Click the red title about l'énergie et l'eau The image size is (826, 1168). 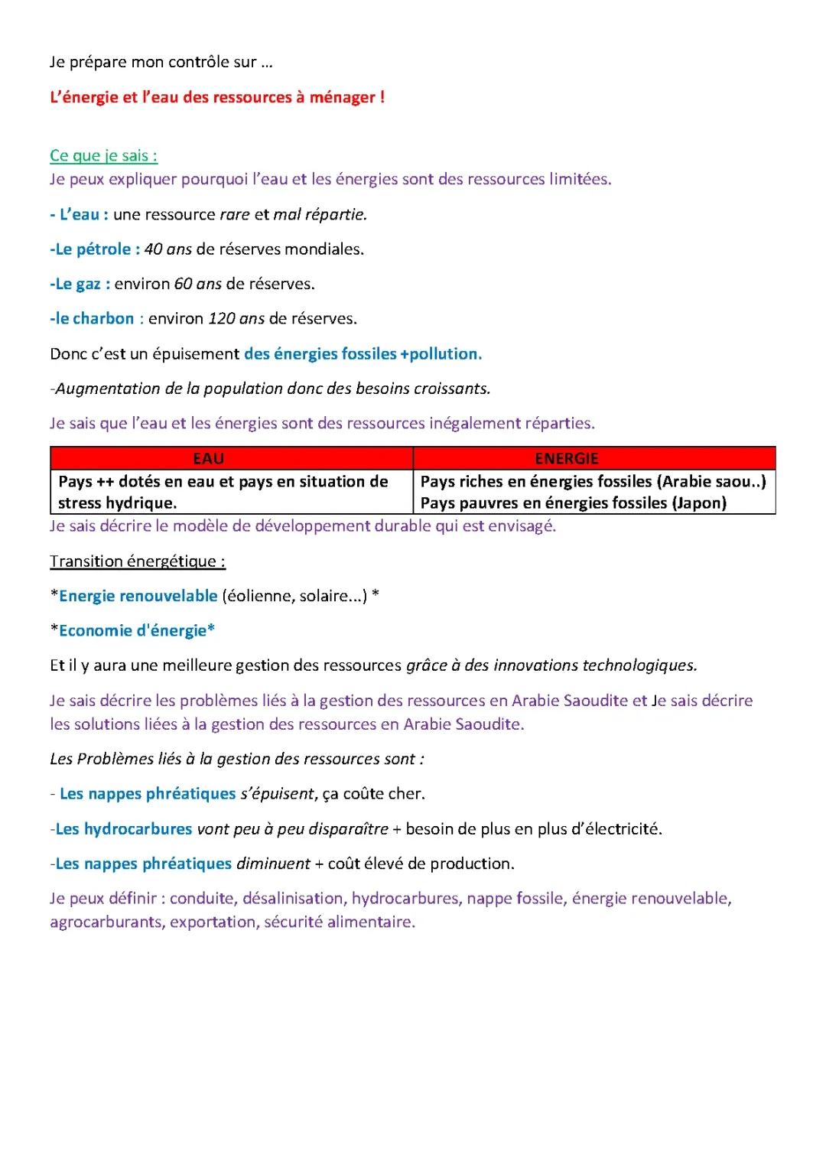(x=217, y=97)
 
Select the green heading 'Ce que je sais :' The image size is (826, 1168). (x=103, y=155)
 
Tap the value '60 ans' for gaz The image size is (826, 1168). (x=198, y=284)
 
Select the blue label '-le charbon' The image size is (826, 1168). (x=92, y=318)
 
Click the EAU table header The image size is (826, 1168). (x=208, y=458)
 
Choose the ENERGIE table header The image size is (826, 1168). (x=567, y=458)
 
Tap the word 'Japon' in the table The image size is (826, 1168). (x=701, y=503)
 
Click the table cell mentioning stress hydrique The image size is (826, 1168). (x=223, y=492)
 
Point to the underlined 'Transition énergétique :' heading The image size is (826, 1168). (x=138, y=561)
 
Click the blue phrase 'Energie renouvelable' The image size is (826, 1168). (x=138, y=596)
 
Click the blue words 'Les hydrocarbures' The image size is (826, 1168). (x=124, y=828)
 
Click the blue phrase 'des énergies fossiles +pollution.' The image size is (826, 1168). (x=363, y=353)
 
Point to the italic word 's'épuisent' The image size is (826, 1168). (x=277, y=794)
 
